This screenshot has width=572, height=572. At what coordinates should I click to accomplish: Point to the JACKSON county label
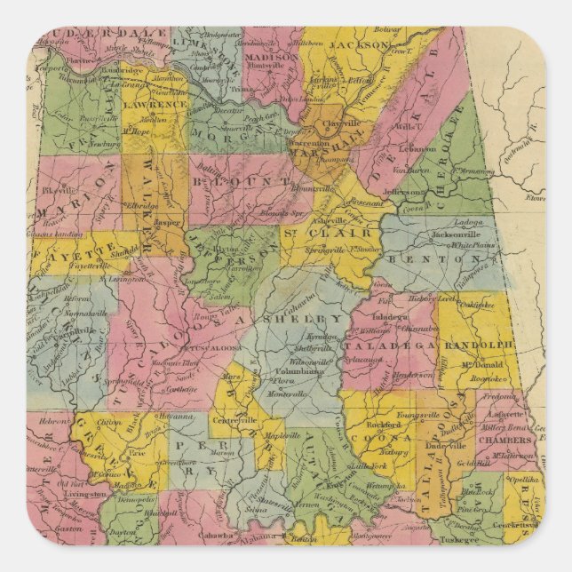coord(360,44)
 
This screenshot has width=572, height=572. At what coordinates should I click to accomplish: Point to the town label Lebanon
coord(417,148)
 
